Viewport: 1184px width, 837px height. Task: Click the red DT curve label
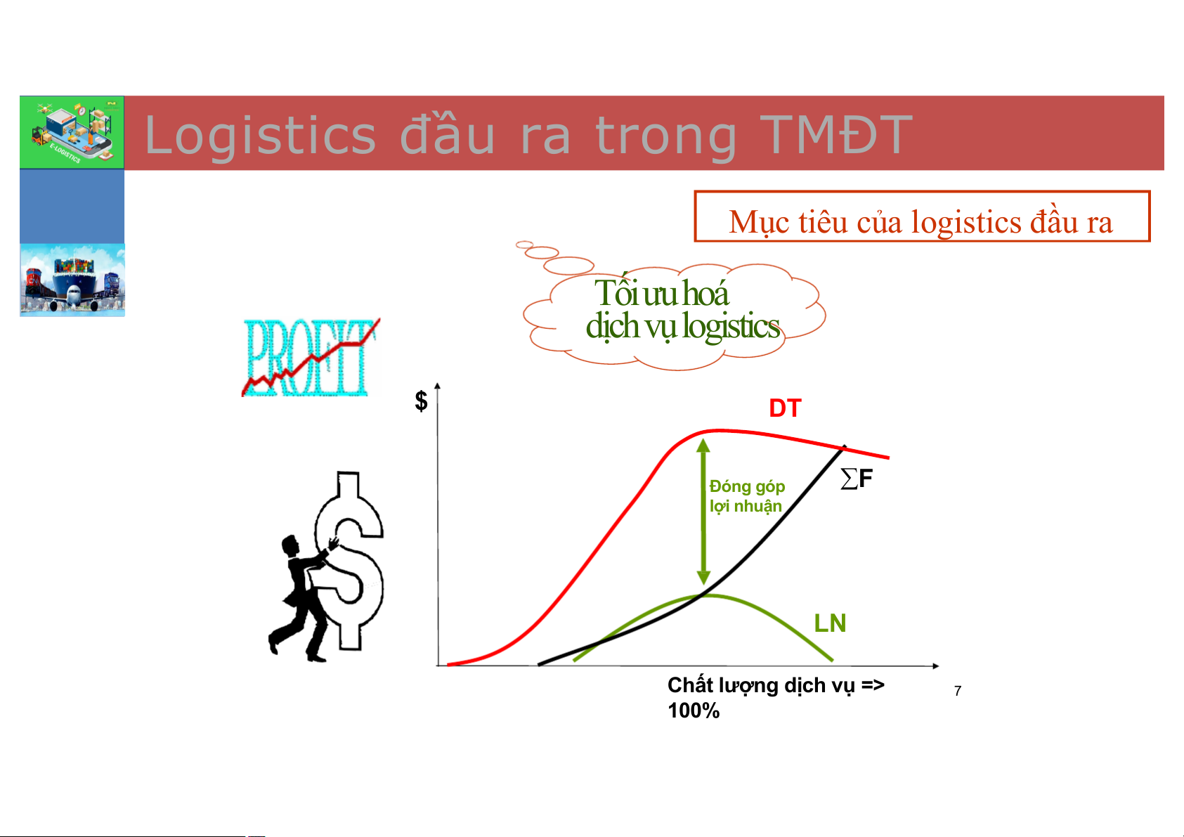(x=785, y=408)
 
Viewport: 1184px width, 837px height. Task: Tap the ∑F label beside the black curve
(x=857, y=479)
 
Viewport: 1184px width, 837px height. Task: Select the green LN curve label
(x=830, y=623)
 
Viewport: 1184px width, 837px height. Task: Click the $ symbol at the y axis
(x=422, y=401)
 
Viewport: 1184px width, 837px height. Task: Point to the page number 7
(x=957, y=691)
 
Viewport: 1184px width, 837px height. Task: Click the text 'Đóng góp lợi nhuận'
(x=747, y=496)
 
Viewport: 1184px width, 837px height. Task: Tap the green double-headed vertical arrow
(x=703, y=512)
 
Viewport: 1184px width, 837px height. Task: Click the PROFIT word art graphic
(x=311, y=358)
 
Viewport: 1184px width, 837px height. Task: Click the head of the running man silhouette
(x=290, y=545)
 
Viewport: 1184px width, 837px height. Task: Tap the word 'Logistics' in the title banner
(x=260, y=136)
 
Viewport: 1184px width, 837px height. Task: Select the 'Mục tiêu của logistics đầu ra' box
(x=922, y=216)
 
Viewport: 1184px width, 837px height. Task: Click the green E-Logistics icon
(x=72, y=132)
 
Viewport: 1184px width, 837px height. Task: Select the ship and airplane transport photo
(x=72, y=280)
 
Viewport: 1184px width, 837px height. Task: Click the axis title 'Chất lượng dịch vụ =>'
(x=776, y=685)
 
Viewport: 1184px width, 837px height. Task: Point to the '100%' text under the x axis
(x=694, y=711)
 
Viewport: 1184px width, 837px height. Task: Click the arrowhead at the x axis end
(x=935, y=666)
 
